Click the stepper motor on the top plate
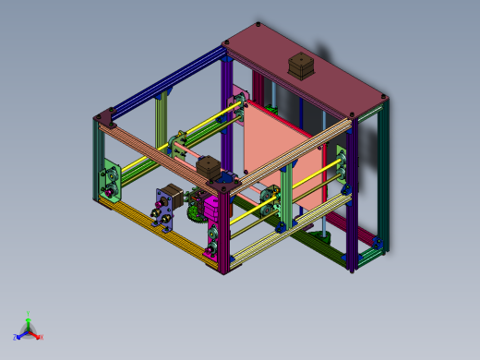pyautogui.click(x=301, y=66)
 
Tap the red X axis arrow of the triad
pyautogui.click(x=36, y=335)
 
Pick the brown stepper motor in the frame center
pyautogui.click(x=210, y=170)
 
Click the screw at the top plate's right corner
pyautogui.click(x=381, y=94)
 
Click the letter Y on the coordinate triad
pyautogui.click(x=29, y=314)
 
